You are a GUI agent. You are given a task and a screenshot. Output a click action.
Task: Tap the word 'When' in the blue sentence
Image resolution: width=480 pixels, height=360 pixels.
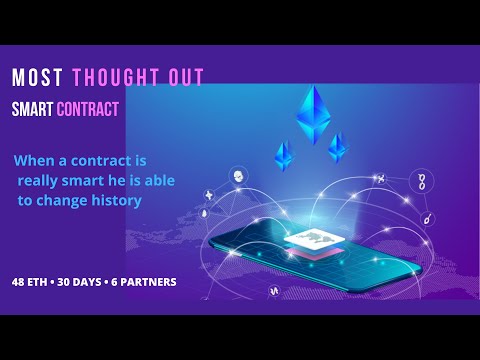(37, 160)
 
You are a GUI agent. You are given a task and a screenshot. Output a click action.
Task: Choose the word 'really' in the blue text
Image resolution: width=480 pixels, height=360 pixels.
(41, 180)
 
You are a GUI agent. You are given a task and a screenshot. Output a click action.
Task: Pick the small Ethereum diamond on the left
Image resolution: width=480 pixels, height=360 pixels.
(284, 156)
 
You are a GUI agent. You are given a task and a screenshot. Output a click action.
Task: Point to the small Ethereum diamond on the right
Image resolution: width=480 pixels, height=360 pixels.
(339, 148)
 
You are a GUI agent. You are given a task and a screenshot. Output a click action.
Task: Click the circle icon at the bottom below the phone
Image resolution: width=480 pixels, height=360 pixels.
(273, 290)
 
